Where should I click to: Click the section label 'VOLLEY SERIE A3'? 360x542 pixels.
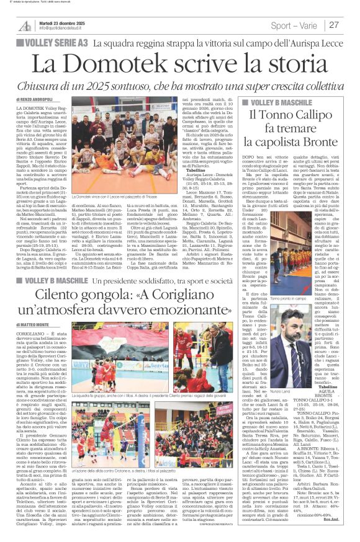coord(56,43)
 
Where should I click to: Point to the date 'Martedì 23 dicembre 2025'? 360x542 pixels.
coord(60,20)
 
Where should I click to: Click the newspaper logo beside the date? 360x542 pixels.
coord(25,25)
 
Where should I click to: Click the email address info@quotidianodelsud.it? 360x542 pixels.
coord(60,29)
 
